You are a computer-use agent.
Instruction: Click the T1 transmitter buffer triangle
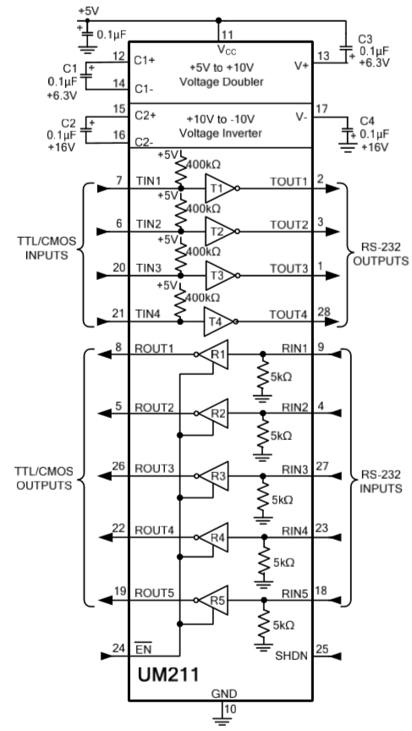[x=221, y=189]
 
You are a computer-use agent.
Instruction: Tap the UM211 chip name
[x=168, y=674]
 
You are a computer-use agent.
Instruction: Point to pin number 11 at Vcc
[x=227, y=35]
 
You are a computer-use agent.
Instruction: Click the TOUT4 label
[x=288, y=315]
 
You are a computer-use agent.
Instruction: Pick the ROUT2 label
[x=154, y=408]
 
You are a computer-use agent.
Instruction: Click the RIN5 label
[x=295, y=593]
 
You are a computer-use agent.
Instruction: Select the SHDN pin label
[x=291, y=656]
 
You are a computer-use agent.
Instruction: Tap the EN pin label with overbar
[x=143, y=648]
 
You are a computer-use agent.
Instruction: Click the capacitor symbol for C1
[x=86, y=75]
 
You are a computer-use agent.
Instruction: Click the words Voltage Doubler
[x=222, y=81]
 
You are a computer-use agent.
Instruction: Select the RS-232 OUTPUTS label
[x=381, y=255]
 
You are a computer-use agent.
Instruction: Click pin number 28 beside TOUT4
[x=323, y=311]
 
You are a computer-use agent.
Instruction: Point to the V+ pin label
[x=301, y=66]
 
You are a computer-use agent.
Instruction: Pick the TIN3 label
[x=149, y=268]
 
